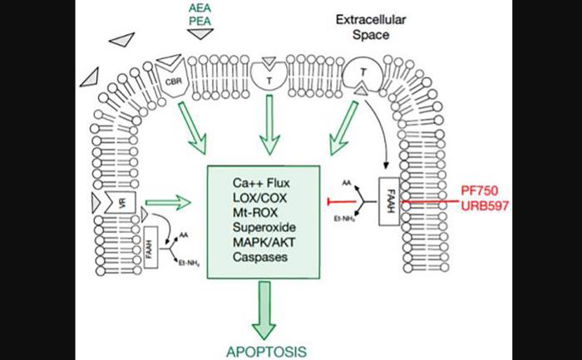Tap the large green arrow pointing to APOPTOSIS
tap(266, 308)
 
